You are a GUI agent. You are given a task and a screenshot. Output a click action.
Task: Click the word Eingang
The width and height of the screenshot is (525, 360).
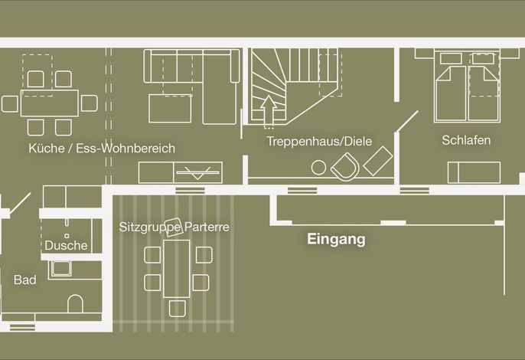tap(336, 239)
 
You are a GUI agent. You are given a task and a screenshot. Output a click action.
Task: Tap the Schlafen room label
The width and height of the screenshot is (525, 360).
tap(466, 140)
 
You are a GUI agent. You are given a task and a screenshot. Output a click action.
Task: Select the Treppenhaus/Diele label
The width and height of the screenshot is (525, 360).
tap(319, 141)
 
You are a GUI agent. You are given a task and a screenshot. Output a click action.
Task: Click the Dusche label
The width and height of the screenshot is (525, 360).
tap(66, 245)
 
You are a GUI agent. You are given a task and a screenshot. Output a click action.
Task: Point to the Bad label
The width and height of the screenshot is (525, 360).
tap(24, 280)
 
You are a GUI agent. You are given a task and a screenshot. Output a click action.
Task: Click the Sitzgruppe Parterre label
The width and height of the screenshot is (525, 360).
tap(174, 227)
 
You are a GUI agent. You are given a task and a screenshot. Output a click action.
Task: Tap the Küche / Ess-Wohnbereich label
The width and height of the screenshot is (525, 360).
tap(102, 148)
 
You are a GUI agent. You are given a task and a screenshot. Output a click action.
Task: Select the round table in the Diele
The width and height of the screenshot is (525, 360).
tap(318, 167)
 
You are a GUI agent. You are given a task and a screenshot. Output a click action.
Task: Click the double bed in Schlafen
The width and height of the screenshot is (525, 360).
tap(467, 86)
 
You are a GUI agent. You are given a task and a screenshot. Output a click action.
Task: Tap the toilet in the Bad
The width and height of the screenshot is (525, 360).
tap(75, 303)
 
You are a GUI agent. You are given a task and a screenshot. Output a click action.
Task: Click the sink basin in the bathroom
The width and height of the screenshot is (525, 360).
tap(60, 269)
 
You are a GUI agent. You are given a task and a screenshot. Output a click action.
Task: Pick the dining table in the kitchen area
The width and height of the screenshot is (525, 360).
tap(50, 103)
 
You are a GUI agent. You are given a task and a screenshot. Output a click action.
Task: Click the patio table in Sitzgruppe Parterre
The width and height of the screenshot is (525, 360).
tap(177, 269)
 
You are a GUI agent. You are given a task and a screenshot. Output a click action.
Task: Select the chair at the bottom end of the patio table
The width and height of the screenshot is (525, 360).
tap(177, 309)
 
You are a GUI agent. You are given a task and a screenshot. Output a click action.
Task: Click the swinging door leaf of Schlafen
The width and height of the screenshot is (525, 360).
tap(408, 121)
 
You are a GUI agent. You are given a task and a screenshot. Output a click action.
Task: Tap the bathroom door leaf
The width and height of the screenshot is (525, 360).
tap(21, 203)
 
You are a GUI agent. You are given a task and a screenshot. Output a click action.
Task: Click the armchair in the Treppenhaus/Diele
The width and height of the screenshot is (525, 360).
tap(345, 166)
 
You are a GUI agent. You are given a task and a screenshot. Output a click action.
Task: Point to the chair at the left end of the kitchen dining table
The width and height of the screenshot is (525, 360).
tap(10, 103)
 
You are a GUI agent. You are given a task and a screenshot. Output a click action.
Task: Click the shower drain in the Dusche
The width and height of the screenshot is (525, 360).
tap(67, 236)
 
